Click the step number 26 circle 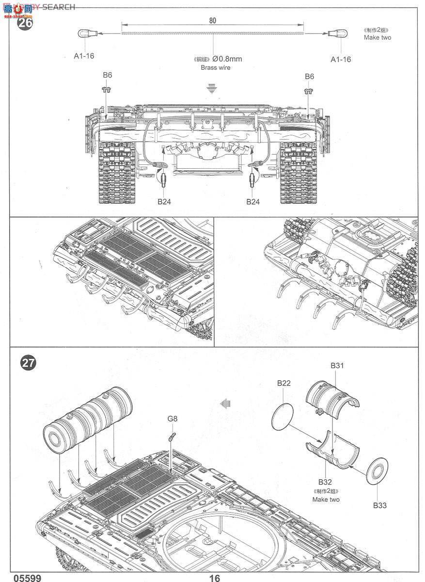pos(25,23)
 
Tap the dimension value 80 pos(213,20)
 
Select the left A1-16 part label pos(84,56)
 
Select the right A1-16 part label pos(340,59)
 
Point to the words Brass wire pos(216,68)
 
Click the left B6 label pos(107,76)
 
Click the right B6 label pos(309,76)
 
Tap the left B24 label pos(164,201)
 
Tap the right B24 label pos(253,201)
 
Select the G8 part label pos(173,418)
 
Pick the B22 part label pos(284,383)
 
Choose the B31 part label pos(337,366)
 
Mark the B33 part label pos(380,505)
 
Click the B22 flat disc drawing pos(283,416)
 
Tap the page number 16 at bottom pos(215,578)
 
